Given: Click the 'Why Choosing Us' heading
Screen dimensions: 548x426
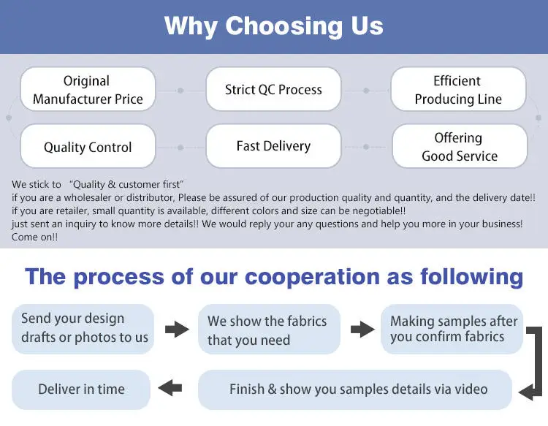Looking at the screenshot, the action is (273, 26).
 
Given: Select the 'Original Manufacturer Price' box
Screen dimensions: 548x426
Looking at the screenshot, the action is (88, 90).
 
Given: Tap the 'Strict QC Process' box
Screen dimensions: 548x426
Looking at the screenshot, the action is (273, 90).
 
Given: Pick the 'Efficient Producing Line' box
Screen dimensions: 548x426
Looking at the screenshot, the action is (458, 90).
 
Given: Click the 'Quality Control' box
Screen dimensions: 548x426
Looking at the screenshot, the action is (88, 147).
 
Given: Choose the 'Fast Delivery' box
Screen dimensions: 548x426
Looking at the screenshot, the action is (273, 146).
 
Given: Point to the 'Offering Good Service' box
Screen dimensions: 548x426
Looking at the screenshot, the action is (460, 147).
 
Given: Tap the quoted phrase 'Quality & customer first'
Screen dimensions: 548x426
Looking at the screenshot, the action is (126, 184).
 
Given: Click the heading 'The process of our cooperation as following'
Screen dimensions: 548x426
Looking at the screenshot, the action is (273, 277).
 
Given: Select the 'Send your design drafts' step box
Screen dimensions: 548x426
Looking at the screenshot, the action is (84, 328).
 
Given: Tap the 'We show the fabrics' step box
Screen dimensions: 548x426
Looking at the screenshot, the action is (267, 330).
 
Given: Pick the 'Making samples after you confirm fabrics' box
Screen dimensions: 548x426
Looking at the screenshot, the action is (453, 329).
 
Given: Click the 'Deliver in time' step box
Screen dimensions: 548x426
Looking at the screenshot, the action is (81, 389).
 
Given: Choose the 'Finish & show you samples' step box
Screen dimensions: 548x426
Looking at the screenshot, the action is (358, 389).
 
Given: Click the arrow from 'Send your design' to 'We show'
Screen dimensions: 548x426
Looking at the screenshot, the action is (177, 330).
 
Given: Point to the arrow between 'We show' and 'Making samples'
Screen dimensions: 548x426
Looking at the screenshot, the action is (362, 330).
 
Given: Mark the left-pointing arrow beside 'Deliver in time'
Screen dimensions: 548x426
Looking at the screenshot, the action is (170, 388).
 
